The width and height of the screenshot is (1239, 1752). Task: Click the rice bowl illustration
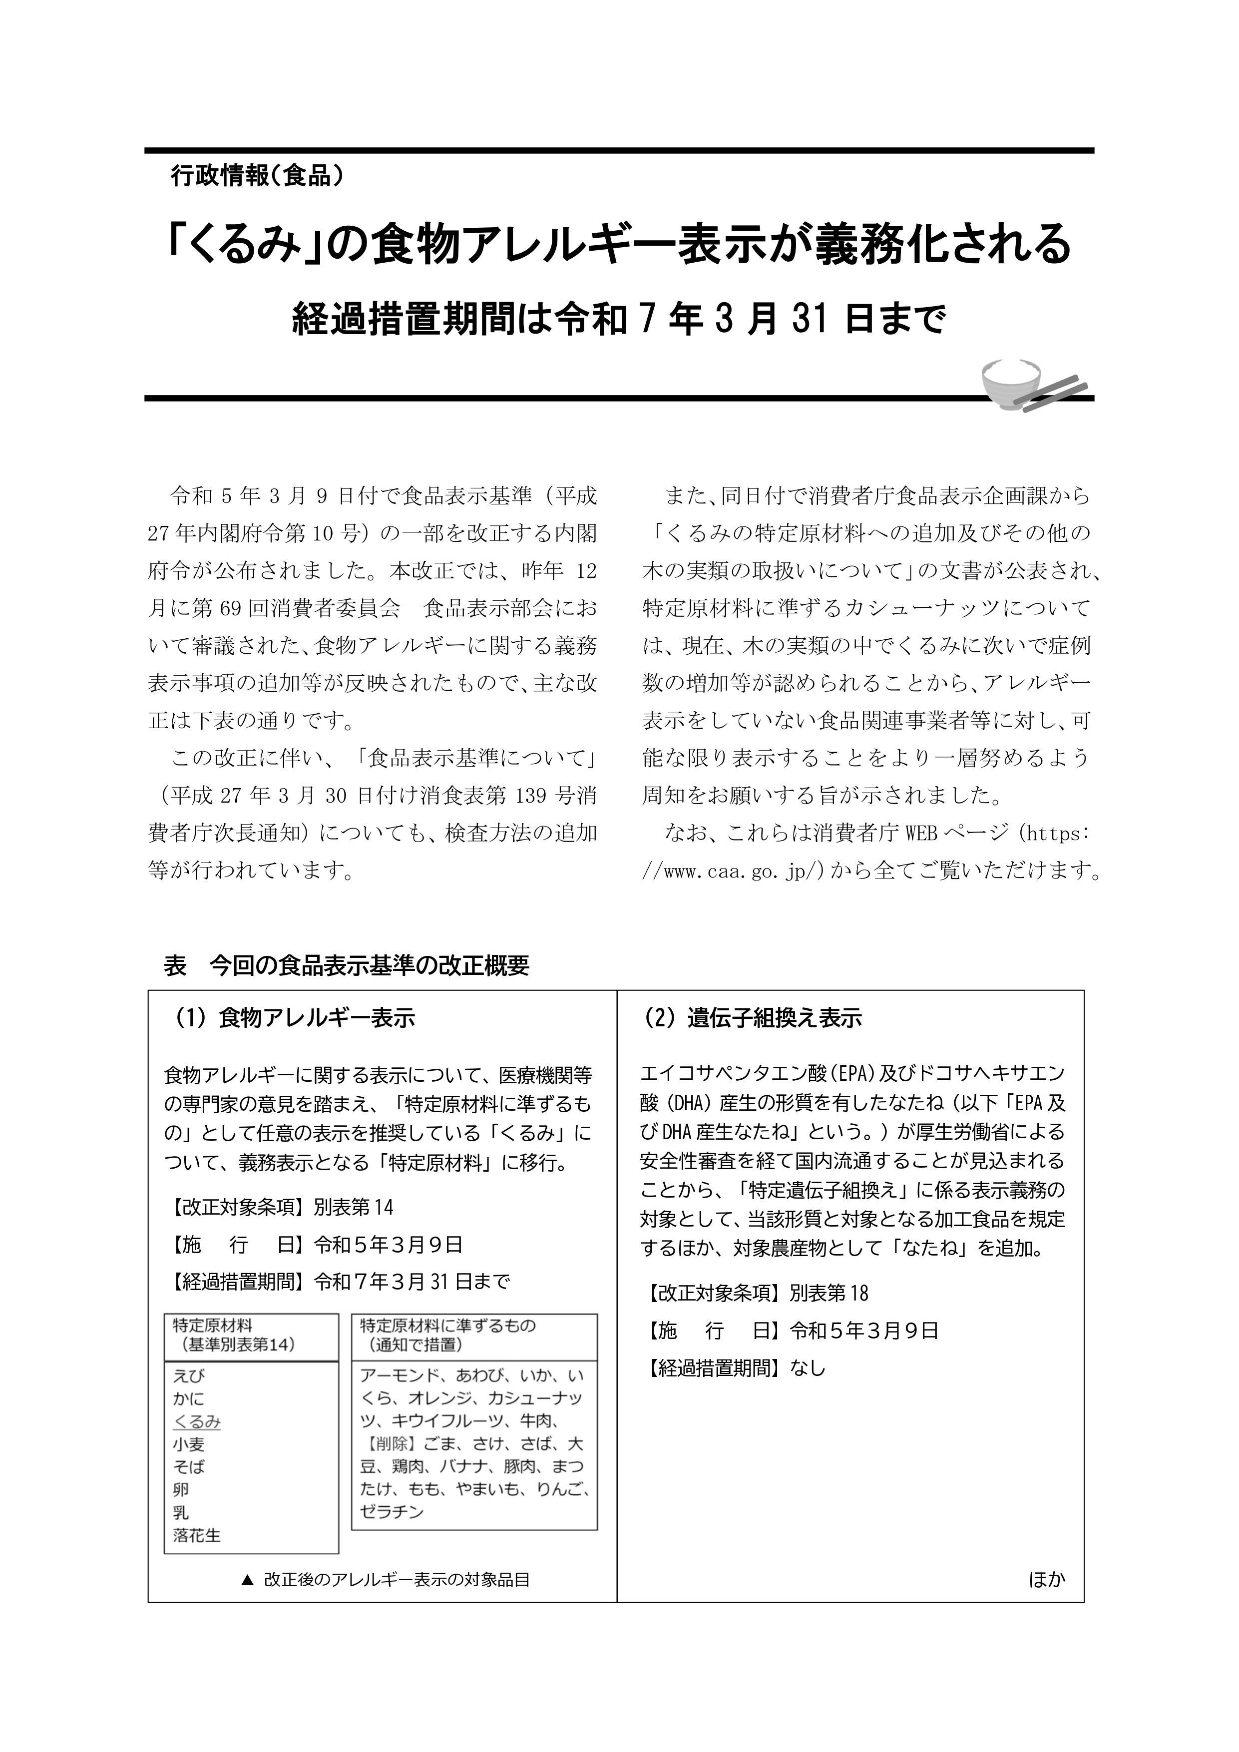1010,383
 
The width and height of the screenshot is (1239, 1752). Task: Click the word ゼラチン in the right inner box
392,1512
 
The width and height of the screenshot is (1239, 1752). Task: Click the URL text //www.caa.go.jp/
733,871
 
